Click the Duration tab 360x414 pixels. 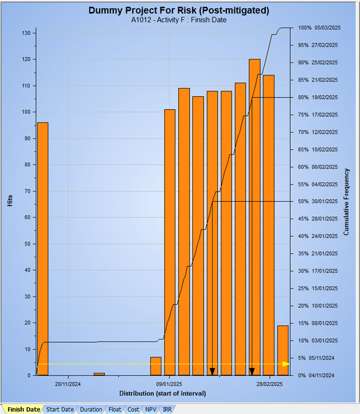[91, 409]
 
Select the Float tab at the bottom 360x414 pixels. [115, 409]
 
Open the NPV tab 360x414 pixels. [150, 409]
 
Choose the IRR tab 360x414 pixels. [167, 409]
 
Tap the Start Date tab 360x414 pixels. [60, 409]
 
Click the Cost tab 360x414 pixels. [133, 409]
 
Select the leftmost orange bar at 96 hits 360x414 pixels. [42, 250]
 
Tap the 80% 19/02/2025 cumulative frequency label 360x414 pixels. [318, 98]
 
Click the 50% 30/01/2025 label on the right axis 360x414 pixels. [318, 202]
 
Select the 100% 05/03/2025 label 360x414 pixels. [318, 28]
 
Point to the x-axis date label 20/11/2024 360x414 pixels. [68, 384]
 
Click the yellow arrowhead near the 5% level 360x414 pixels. [286, 363]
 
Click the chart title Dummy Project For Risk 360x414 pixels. [179, 10]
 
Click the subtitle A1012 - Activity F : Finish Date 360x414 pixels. [179, 20]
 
